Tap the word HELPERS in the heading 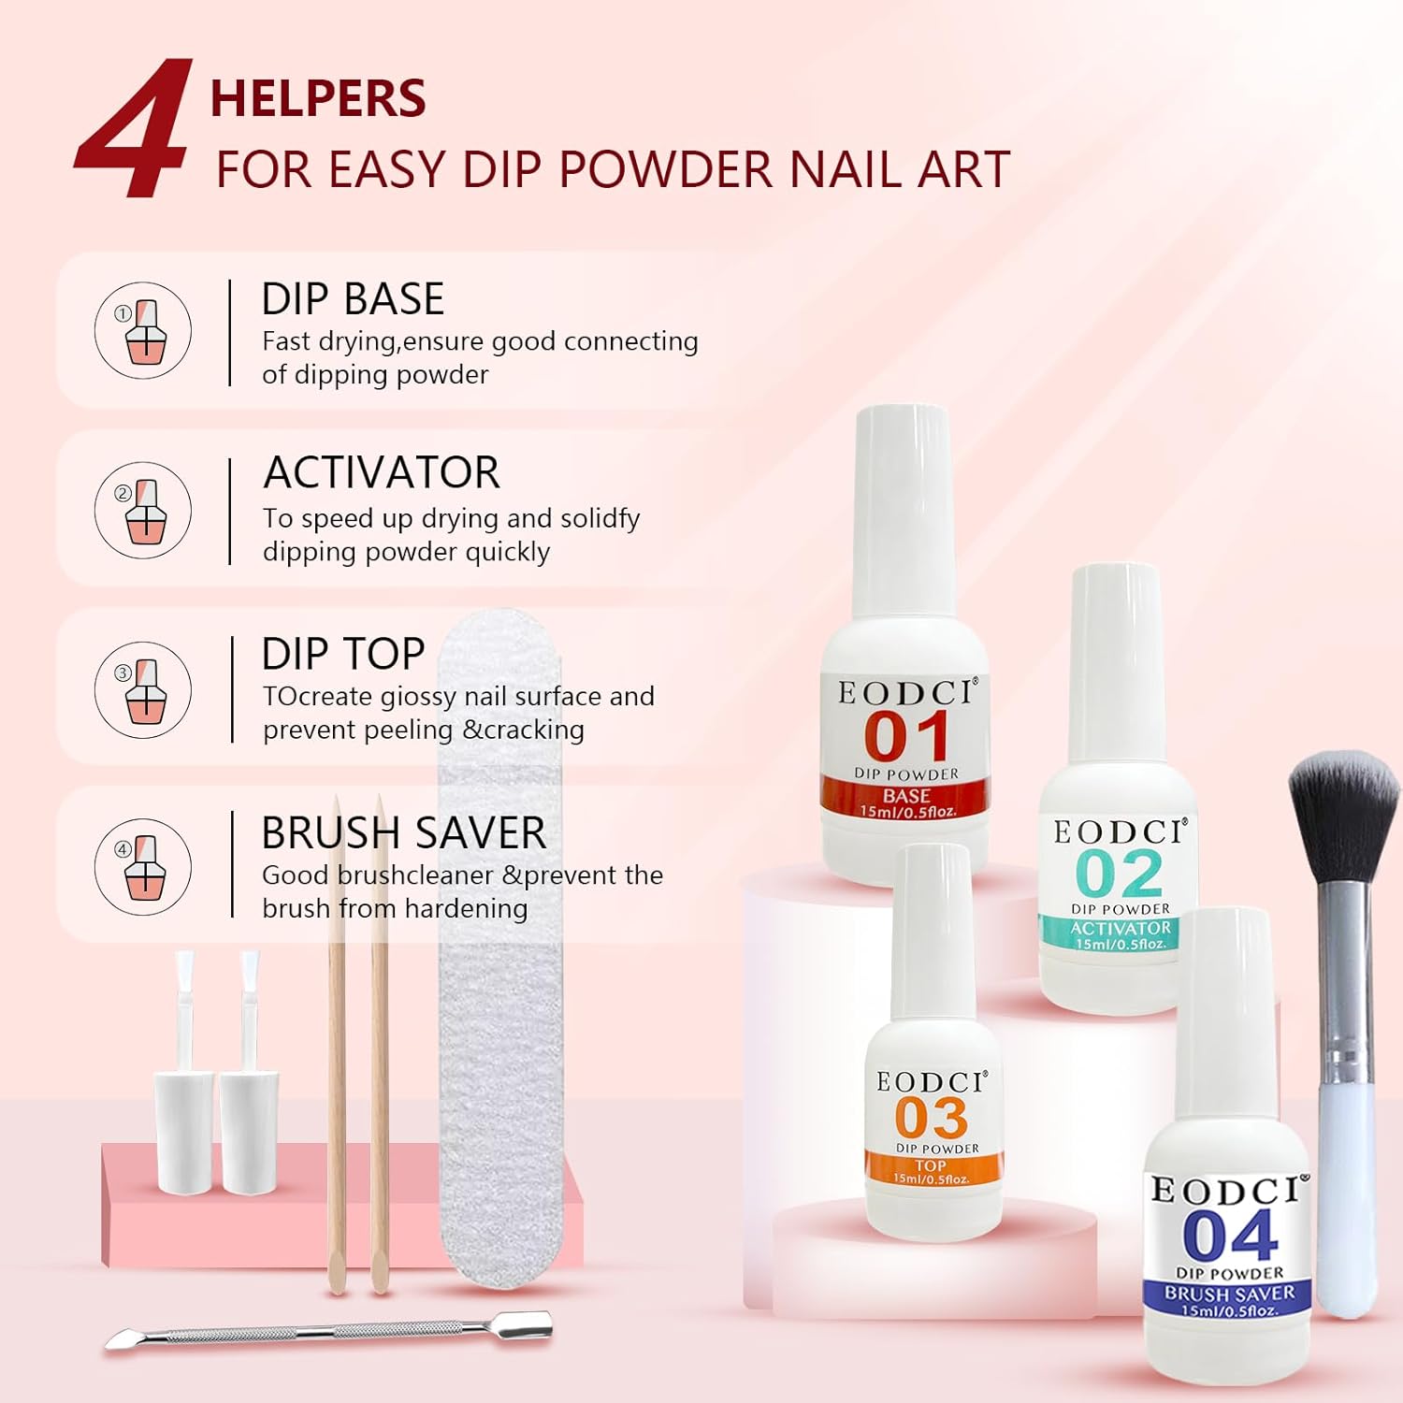318,99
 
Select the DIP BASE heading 353,299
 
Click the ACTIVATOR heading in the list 382,472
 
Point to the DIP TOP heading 343,654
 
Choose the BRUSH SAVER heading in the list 403,832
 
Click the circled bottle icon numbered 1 143,330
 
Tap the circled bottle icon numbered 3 143,690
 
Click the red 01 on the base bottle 905,736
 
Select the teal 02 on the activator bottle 1119,874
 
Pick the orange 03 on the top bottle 931,1118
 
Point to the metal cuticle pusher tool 327,1331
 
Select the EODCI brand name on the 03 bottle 931,1082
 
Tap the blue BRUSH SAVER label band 1229,1295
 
